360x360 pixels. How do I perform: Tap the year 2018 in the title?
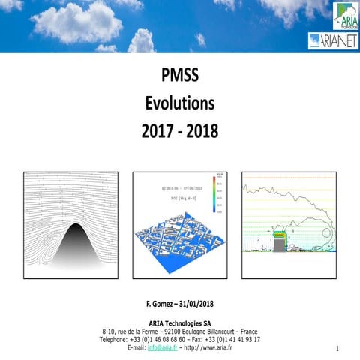(201, 130)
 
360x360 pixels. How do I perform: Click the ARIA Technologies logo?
(345, 15)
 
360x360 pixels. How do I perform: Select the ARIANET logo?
(333, 41)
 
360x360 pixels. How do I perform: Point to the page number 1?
(338, 349)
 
